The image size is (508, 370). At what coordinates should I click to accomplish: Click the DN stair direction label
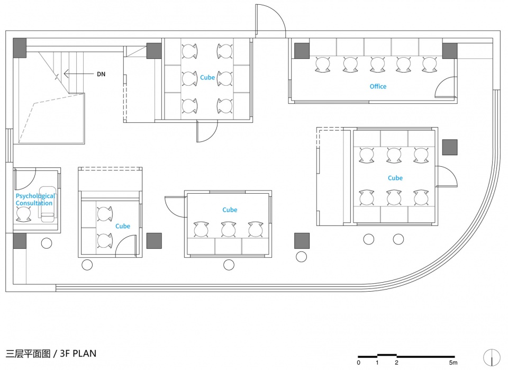pyautogui.click(x=101, y=74)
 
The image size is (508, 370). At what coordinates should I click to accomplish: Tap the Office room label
pyautogui.click(x=378, y=86)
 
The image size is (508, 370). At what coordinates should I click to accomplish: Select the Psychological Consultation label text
pyautogui.click(x=35, y=200)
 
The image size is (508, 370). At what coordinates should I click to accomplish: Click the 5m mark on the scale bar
pyautogui.click(x=453, y=363)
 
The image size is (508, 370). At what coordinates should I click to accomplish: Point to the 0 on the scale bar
pyautogui.click(x=359, y=363)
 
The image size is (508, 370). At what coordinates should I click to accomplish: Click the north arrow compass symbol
pyautogui.click(x=492, y=358)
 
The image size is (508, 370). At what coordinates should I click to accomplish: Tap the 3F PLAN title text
pyautogui.click(x=78, y=353)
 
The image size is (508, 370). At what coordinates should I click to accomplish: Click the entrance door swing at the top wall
pyautogui.click(x=270, y=20)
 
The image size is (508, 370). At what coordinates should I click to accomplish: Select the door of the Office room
pyautogui.click(x=446, y=87)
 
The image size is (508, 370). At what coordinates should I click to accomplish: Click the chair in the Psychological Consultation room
pyautogui.click(x=24, y=214)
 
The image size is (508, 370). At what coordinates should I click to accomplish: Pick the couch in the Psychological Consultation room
pyautogui.click(x=47, y=204)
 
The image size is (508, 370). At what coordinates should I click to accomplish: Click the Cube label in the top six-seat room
pyautogui.click(x=207, y=77)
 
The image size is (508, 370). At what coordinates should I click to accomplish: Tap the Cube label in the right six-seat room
pyautogui.click(x=395, y=178)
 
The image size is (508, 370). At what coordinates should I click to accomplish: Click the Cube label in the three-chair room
pyautogui.click(x=230, y=210)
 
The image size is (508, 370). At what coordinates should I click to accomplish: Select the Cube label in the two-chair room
pyautogui.click(x=123, y=226)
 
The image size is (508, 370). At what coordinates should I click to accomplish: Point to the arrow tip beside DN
pyautogui.click(x=64, y=74)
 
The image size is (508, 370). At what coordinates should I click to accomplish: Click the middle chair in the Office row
pyautogui.click(x=377, y=65)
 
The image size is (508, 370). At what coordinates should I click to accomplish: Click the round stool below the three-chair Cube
pyautogui.click(x=229, y=265)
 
